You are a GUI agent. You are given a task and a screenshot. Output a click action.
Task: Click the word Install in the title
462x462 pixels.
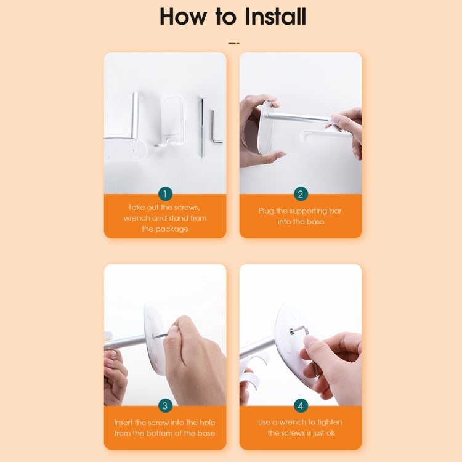pyautogui.click(x=275, y=17)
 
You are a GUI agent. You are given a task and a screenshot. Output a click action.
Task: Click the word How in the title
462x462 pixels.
pyautogui.click(x=183, y=17)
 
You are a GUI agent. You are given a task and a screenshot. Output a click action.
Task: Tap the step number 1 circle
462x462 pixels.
pyautogui.click(x=165, y=194)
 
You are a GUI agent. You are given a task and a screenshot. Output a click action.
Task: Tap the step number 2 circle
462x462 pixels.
pyautogui.click(x=301, y=194)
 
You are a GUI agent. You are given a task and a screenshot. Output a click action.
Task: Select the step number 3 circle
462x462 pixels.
pyautogui.click(x=165, y=406)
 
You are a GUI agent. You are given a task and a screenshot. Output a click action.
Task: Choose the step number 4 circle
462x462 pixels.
pyautogui.click(x=301, y=406)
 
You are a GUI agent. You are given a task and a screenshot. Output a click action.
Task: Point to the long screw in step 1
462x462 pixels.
pyautogui.click(x=201, y=127)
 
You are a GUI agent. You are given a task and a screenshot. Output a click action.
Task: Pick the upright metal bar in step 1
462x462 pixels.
pyautogui.click(x=135, y=115)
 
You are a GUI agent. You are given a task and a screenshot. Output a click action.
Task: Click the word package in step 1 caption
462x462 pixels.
pyautogui.click(x=172, y=229)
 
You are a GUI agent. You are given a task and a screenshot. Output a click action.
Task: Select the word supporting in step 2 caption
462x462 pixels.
pyautogui.click(x=306, y=211)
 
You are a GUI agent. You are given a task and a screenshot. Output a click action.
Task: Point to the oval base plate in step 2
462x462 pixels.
pyautogui.click(x=264, y=129)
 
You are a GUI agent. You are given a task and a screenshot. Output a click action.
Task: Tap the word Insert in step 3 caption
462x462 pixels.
pyautogui.click(x=123, y=423)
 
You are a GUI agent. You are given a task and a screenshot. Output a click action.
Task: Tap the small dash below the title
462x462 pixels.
pyautogui.click(x=234, y=43)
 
